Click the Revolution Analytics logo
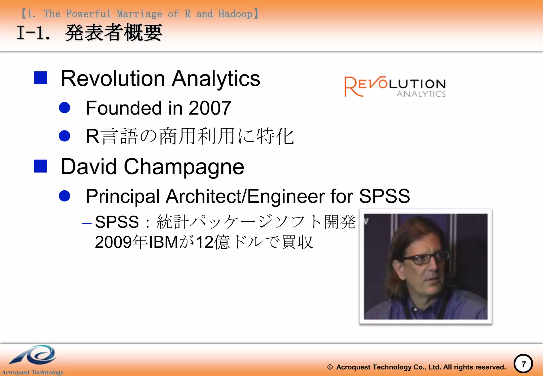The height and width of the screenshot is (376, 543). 395,86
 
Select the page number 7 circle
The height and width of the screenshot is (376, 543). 523,364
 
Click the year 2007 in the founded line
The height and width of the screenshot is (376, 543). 210,108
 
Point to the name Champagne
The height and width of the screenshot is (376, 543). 184,167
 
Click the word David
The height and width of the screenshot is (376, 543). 89,167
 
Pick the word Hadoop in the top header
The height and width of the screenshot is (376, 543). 235,14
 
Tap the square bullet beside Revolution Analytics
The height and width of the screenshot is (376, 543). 41,78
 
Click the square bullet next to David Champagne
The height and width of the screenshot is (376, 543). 41,166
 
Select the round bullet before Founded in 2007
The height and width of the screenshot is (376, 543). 64,108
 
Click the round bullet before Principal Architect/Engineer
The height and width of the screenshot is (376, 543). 64,196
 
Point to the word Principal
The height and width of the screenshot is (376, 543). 123,196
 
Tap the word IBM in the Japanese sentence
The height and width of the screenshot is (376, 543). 163,242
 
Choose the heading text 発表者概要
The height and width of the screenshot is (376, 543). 113,33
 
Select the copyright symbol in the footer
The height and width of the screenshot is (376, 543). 330,367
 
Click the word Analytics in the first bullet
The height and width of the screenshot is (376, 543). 216,78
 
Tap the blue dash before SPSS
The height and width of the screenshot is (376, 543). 87,223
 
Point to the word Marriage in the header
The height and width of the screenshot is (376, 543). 139,14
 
